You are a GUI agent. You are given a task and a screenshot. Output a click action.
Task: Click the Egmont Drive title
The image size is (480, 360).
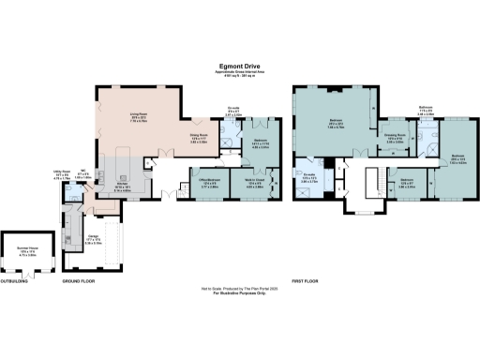(239, 65)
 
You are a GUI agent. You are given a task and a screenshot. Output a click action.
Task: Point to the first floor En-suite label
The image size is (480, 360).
(310, 174)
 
